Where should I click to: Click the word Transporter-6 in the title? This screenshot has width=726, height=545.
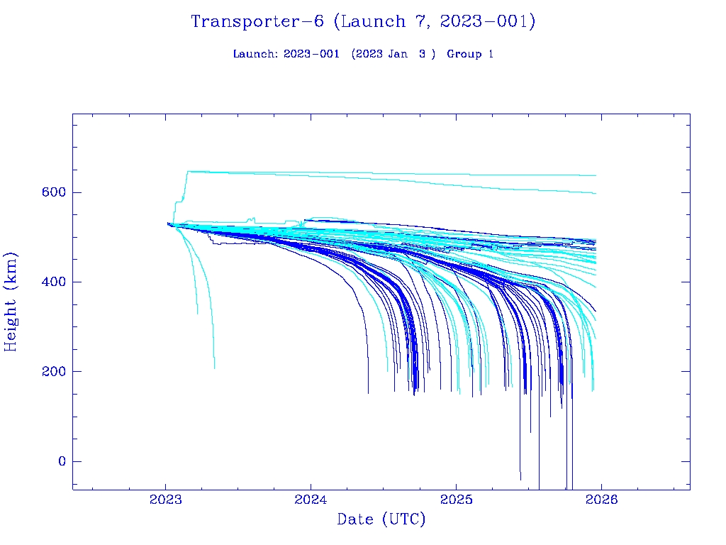pyautogui.click(x=257, y=22)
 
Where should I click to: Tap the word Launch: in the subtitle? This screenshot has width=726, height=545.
pyautogui.click(x=256, y=55)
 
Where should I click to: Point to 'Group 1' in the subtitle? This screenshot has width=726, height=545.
pyautogui.click(x=470, y=55)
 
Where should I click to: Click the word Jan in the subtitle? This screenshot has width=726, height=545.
pyautogui.click(x=397, y=55)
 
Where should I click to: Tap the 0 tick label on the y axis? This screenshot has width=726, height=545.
pyautogui.click(x=61, y=461)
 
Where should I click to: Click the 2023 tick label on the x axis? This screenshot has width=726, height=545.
pyautogui.click(x=166, y=500)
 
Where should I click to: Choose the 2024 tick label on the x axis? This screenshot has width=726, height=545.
pyautogui.click(x=311, y=500)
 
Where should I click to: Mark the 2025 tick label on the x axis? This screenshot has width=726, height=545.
pyautogui.click(x=456, y=500)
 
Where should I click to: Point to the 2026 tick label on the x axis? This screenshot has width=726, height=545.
pyautogui.click(x=601, y=500)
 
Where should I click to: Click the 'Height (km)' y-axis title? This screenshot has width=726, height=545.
pyautogui.click(x=11, y=302)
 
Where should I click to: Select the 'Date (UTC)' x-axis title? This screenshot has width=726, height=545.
pyautogui.click(x=381, y=520)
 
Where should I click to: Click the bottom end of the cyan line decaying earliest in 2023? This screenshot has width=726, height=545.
pyautogui.click(x=198, y=313)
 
